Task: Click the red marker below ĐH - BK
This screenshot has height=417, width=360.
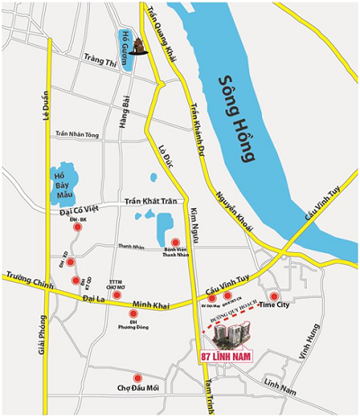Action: pyautogui.click(x=78, y=230)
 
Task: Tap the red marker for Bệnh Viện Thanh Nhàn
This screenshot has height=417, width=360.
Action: pyautogui.click(x=176, y=242)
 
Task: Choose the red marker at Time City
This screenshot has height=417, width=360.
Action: pyautogui.click(x=274, y=295)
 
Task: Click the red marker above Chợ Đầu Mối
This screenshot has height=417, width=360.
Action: pyautogui.click(x=137, y=377)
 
